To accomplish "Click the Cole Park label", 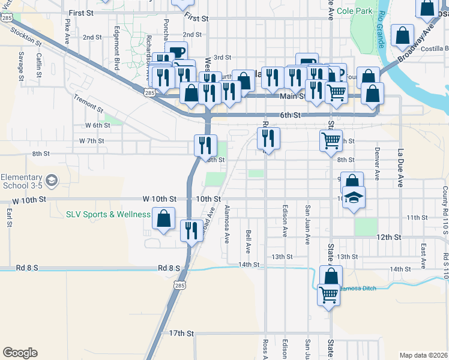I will pyautogui.click(x=354, y=11).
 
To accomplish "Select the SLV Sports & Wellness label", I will pyautogui.click(x=108, y=215).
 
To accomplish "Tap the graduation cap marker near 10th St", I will pyautogui.click(x=354, y=199).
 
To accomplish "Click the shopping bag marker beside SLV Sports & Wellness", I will pyautogui.click(x=164, y=220).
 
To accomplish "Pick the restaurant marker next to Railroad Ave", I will pyautogui.click(x=191, y=232).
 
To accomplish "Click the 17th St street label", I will pyautogui.click(x=182, y=333).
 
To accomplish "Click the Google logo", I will pyautogui.click(x=20, y=353).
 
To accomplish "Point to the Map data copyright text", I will pyautogui.click(x=423, y=355).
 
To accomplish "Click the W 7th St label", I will pyautogui.click(x=91, y=141).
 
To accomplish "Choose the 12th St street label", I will pyautogui.click(x=388, y=238).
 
